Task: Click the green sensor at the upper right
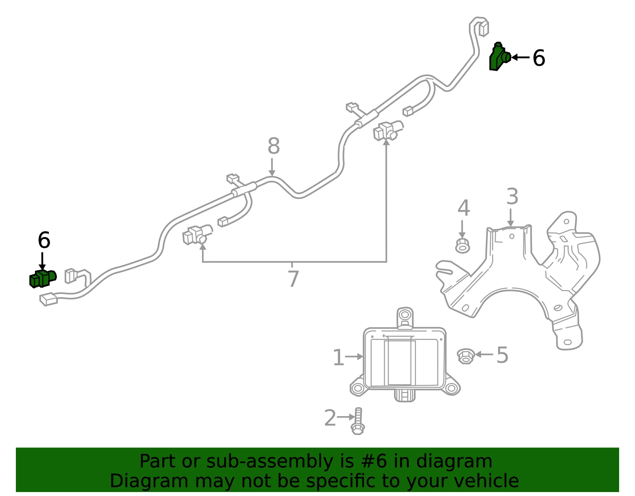click(499, 57)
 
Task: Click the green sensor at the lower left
click(43, 278)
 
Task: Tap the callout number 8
click(273, 146)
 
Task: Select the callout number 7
click(293, 278)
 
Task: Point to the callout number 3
click(512, 196)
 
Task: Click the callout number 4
click(464, 208)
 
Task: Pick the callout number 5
click(502, 355)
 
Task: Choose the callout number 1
click(339, 357)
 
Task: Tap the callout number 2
click(330, 418)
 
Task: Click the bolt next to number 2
click(358, 421)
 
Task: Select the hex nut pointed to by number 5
click(465, 356)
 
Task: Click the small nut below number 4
click(463, 246)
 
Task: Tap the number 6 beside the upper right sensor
click(539, 58)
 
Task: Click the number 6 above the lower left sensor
click(44, 240)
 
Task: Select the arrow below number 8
click(272, 167)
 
